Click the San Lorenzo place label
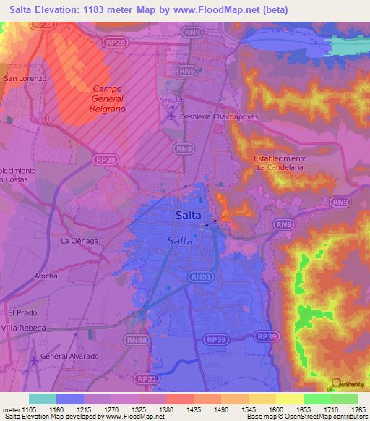click(x=25, y=78)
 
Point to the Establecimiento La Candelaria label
click(x=280, y=162)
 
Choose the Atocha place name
click(x=46, y=276)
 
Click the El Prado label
click(x=21, y=312)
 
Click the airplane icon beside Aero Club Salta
click(x=171, y=116)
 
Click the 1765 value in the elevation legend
click(x=358, y=409)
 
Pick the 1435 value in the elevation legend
click(x=194, y=409)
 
